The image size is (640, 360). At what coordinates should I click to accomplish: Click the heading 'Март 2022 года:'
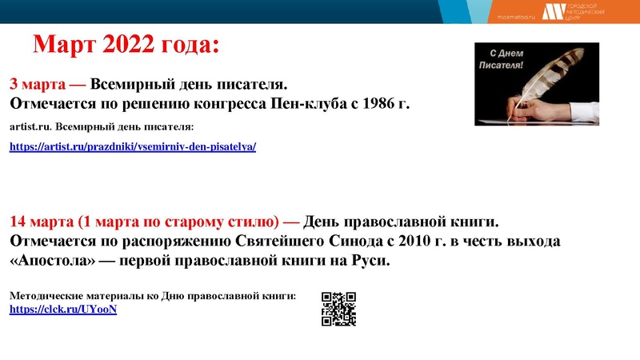125,45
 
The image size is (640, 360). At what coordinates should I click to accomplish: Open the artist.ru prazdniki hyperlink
132,147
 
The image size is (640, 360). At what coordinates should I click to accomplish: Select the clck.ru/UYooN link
63,309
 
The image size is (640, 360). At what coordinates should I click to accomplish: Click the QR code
338,309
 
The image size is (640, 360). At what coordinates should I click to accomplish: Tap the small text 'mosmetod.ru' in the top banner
517,15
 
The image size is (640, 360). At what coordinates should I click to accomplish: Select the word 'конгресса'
228,104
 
